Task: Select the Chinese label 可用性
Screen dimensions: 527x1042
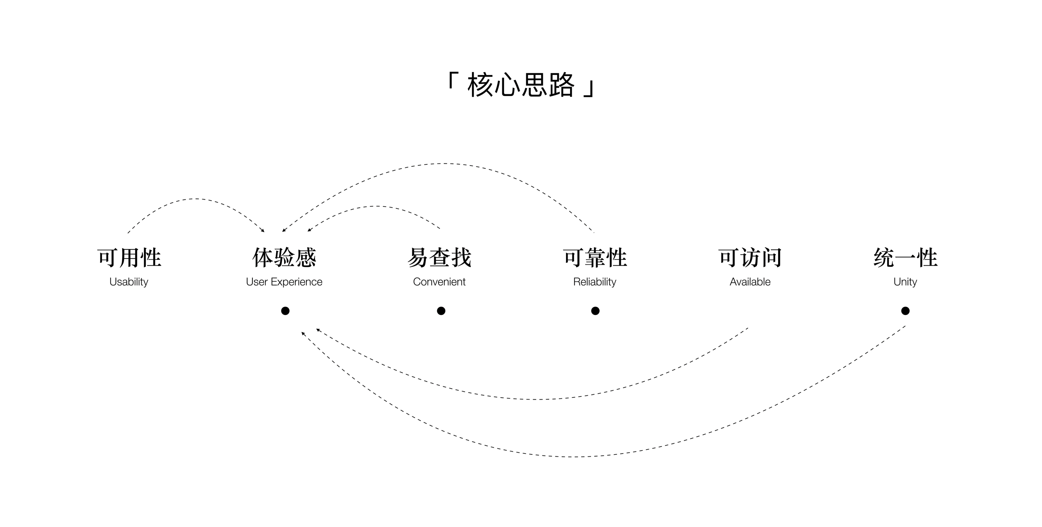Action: [x=129, y=258]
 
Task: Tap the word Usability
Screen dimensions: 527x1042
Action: [x=129, y=282]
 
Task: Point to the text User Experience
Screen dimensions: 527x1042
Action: [x=284, y=282]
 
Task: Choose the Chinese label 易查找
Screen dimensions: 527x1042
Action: [x=439, y=258]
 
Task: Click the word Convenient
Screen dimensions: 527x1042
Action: [x=439, y=282]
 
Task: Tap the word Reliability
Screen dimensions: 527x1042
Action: [x=595, y=282]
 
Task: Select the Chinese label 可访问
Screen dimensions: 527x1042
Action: [x=750, y=258]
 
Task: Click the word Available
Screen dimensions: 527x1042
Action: [x=750, y=282]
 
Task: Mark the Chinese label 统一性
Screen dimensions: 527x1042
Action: [x=905, y=258]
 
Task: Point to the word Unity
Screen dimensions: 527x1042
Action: [x=905, y=282]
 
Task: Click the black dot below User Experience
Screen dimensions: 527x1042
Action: [x=285, y=311]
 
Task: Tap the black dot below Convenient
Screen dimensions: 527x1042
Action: [x=441, y=311]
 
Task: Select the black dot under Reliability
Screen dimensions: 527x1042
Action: [x=595, y=311]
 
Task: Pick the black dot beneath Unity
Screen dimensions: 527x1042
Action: [x=905, y=311]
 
